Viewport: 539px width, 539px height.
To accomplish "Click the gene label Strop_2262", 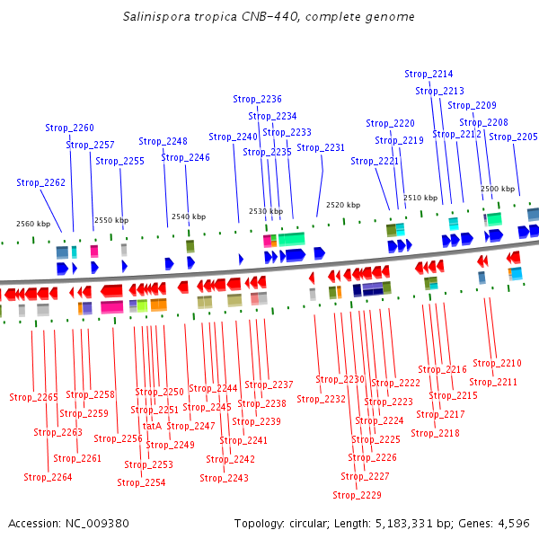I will [x=40, y=182].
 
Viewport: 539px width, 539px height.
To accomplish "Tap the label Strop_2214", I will [x=429, y=74].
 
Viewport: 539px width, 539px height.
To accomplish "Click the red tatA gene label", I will [x=152, y=426].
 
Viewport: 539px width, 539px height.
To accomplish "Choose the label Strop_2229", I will [x=357, y=495].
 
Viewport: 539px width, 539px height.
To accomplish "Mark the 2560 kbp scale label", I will [x=33, y=224].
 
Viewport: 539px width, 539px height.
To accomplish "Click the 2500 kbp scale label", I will [x=498, y=189].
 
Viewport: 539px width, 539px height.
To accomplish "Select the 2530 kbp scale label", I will [x=266, y=211].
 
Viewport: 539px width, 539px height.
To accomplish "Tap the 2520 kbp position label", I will [x=343, y=205].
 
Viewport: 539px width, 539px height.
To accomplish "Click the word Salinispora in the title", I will [x=155, y=17].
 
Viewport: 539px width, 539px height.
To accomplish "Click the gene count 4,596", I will [x=516, y=523].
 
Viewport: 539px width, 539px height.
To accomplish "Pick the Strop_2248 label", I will [x=163, y=141].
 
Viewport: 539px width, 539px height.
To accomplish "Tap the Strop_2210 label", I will [x=497, y=363].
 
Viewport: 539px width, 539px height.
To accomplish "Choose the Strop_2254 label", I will [x=142, y=482].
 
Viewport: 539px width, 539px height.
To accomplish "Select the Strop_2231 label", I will [x=321, y=147].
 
